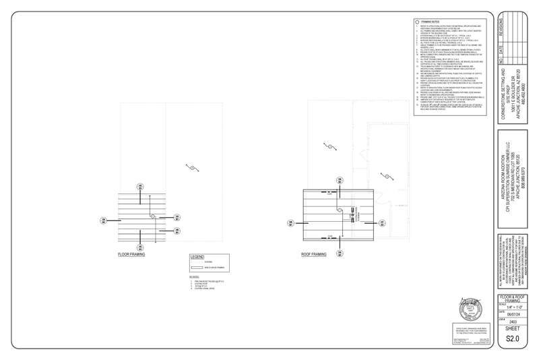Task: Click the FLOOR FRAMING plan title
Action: coord(132,255)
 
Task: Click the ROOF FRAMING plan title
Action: coord(314,255)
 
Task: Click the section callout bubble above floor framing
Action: coord(139,186)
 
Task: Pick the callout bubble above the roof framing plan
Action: coord(334,179)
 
